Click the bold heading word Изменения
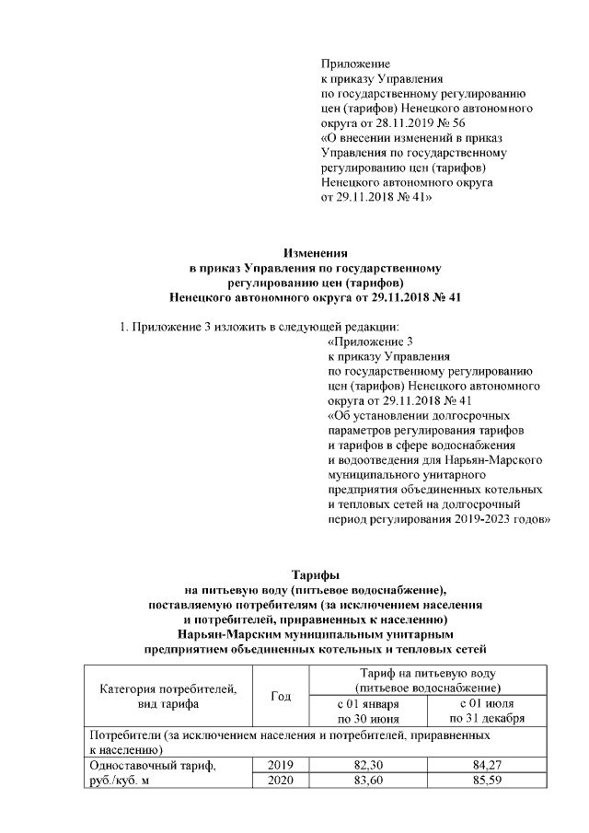point(315,254)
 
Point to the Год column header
point(280,696)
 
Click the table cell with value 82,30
point(368,765)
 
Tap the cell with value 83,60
point(368,781)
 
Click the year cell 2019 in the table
point(280,765)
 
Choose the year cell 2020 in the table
point(280,781)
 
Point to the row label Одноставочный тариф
point(152,765)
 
